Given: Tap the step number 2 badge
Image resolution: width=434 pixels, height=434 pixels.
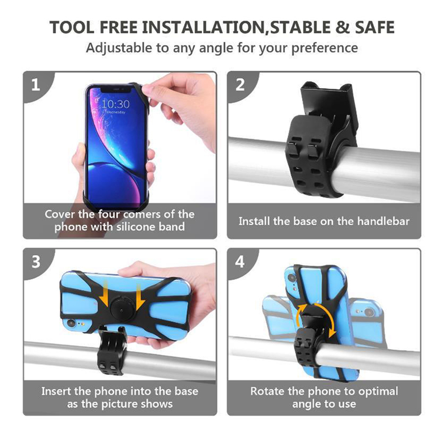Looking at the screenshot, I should click(x=240, y=85).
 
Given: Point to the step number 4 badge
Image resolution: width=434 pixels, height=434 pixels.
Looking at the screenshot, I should click(x=240, y=262).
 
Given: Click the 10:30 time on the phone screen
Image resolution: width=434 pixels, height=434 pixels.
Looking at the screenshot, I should click(x=115, y=104).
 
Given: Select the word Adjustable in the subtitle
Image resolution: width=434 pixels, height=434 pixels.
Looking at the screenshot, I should click(x=118, y=47).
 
